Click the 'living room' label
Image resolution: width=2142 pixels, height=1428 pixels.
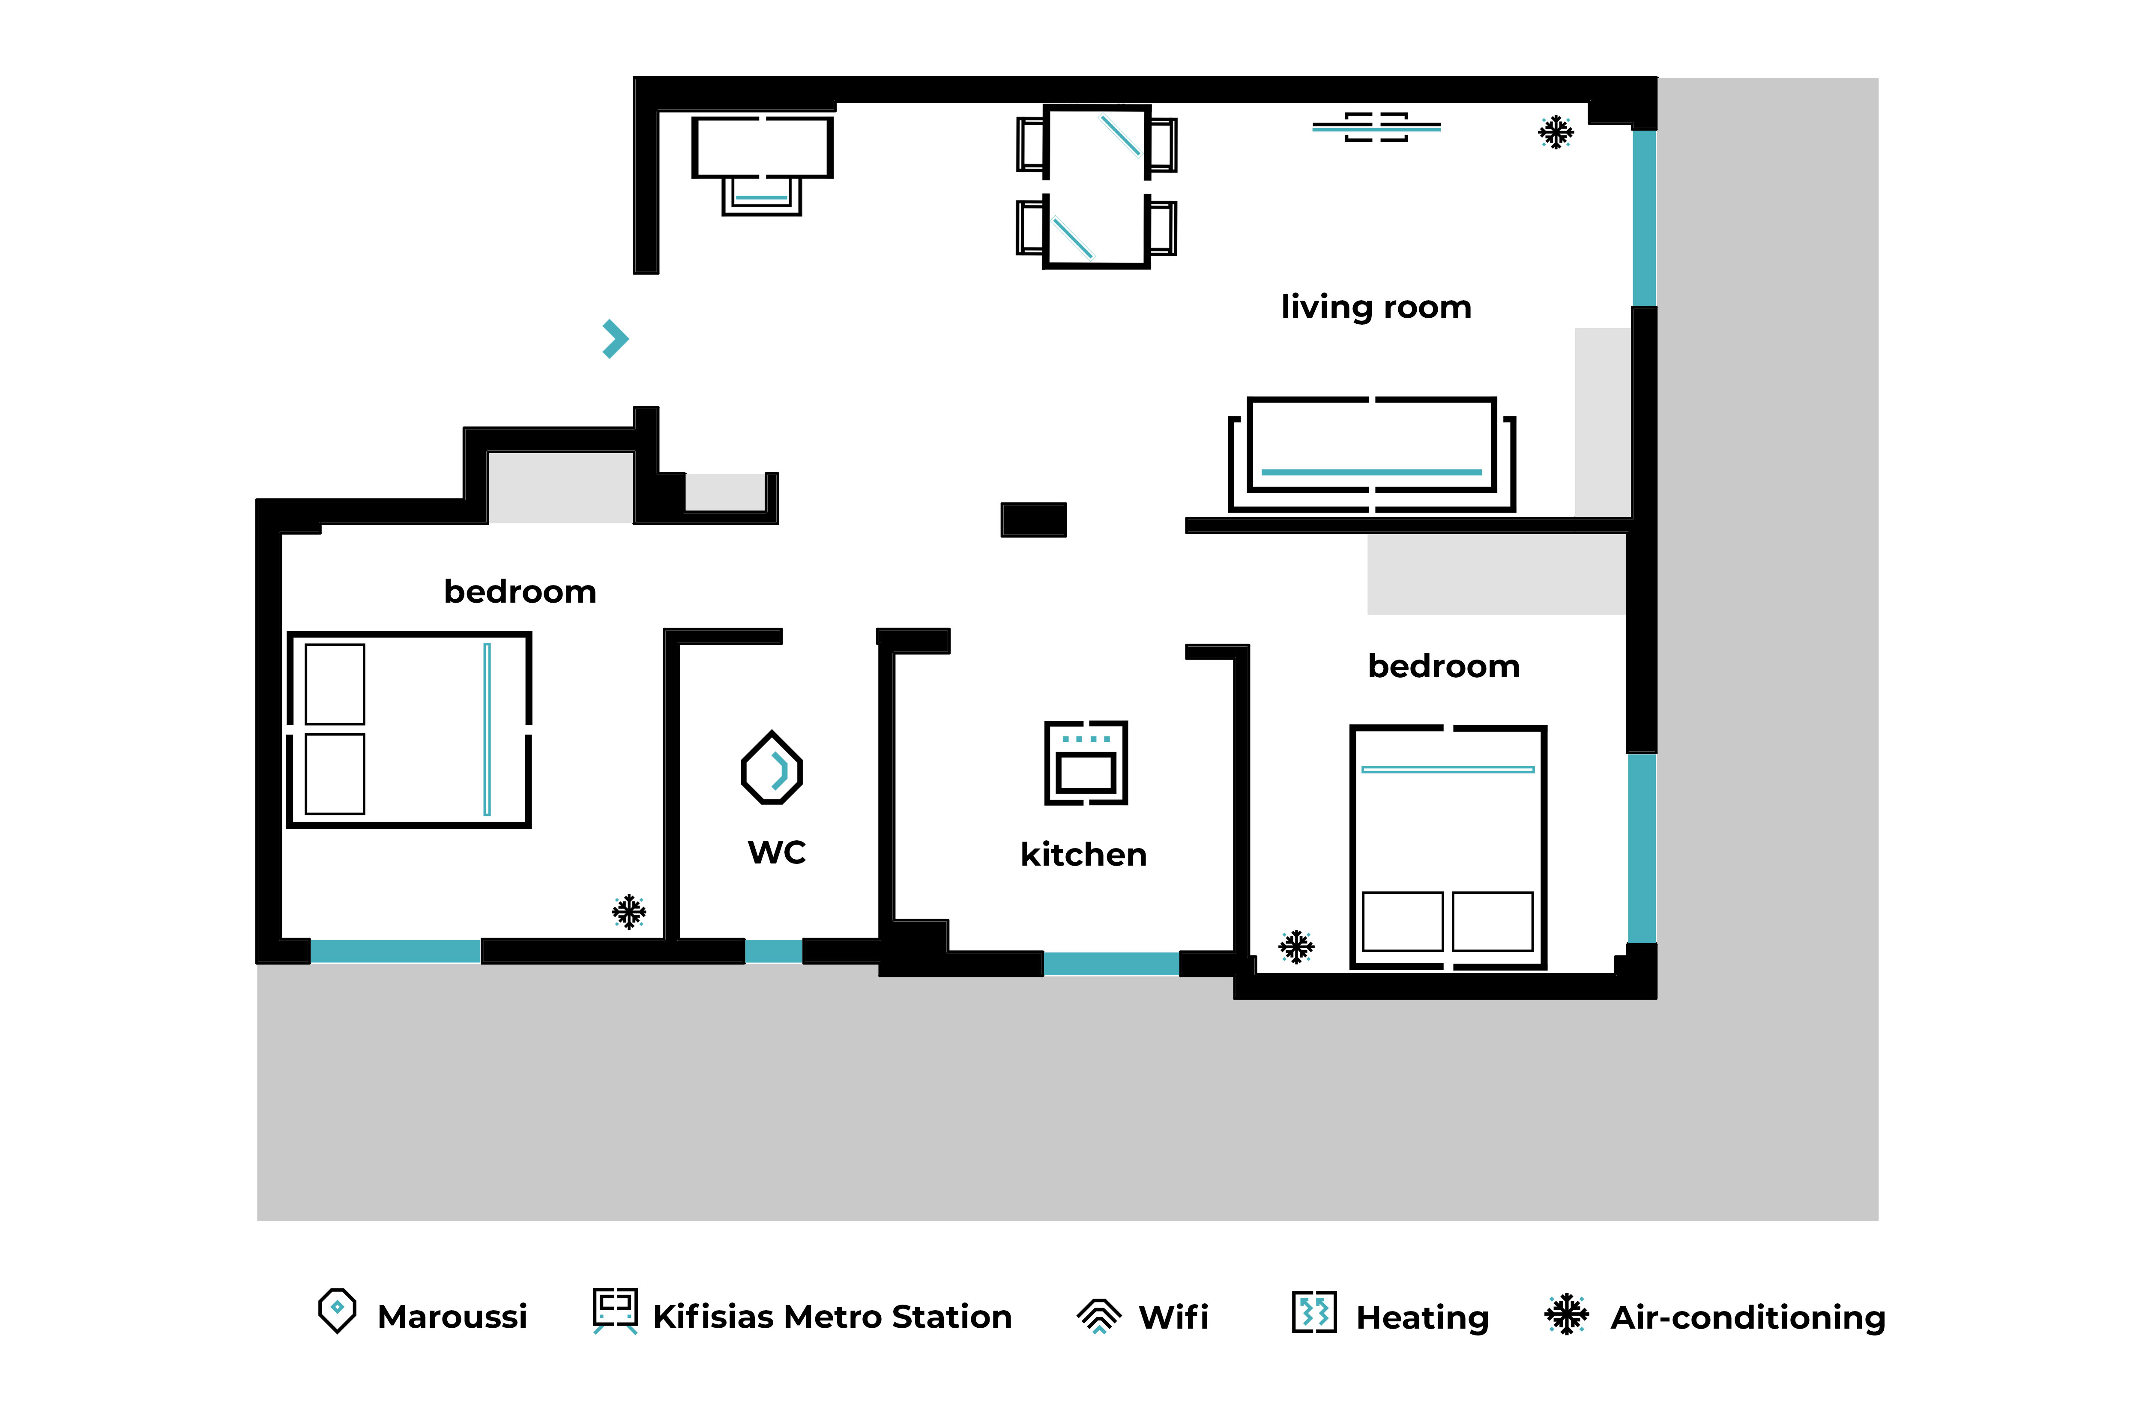pyautogui.click(x=1376, y=307)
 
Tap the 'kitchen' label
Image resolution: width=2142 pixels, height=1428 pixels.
pyautogui.click(x=1084, y=854)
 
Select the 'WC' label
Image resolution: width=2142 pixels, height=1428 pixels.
pyautogui.click(x=777, y=852)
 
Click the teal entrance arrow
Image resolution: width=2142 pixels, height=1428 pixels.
pyautogui.click(x=616, y=339)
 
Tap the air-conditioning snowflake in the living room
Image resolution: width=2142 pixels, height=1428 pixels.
pyautogui.click(x=1556, y=132)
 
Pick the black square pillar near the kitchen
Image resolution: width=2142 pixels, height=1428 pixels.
pyautogui.click(x=1034, y=520)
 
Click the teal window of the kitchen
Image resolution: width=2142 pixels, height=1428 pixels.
pyautogui.click(x=1111, y=964)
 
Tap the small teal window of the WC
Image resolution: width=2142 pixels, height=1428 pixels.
pyautogui.click(x=773, y=951)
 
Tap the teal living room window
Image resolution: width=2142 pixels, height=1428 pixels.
pyautogui.click(x=1644, y=218)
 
